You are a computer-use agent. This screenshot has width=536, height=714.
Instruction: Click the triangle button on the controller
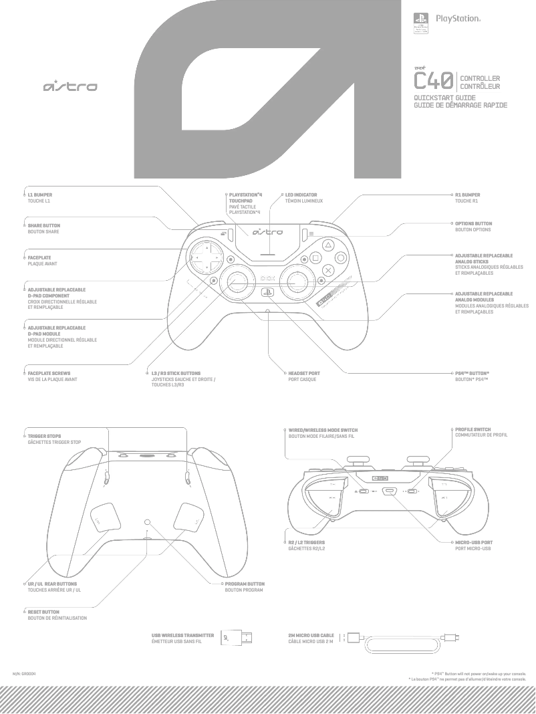(x=327, y=245)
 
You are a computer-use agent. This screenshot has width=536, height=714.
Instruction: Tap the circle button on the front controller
(x=340, y=257)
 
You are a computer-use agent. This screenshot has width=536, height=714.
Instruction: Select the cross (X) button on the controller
(x=327, y=270)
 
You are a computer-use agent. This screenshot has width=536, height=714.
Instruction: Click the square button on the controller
(x=315, y=257)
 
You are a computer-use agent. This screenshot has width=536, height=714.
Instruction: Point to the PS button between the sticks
(x=266, y=292)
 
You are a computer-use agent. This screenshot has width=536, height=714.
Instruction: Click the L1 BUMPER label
(x=39, y=195)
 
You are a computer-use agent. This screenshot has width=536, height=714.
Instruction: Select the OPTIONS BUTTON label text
(x=473, y=223)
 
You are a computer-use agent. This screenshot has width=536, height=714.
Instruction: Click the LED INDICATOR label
(x=301, y=195)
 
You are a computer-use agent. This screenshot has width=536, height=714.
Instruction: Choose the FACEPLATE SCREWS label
(x=49, y=373)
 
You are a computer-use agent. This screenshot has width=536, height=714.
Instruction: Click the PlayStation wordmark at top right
(x=458, y=19)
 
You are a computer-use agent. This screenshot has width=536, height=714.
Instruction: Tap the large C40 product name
(x=434, y=82)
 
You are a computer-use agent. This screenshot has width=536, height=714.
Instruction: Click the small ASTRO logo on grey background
(x=70, y=86)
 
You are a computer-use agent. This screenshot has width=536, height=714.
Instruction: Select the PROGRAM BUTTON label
(x=245, y=584)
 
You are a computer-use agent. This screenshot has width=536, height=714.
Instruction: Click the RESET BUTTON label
(x=43, y=612)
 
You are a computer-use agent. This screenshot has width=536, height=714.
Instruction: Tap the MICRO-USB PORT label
(x=474, y=542)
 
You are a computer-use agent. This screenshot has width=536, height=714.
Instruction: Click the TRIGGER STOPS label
(x=44, y=436)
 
